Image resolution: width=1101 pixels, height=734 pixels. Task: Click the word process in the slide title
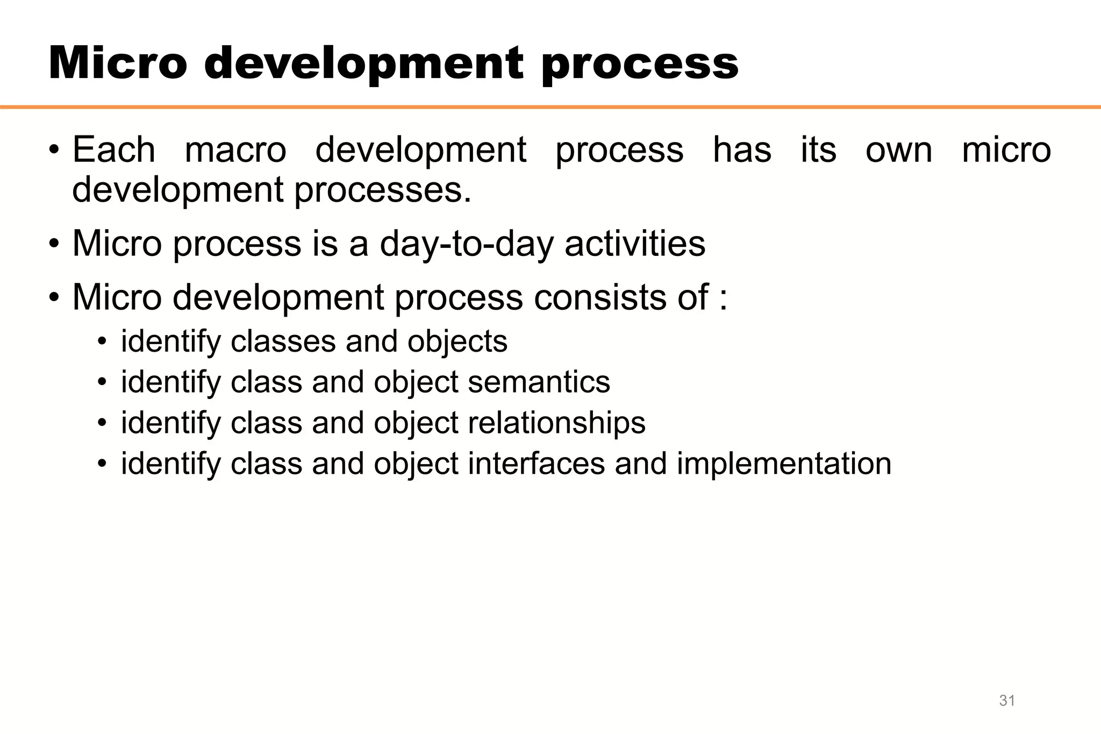tap(640, 66)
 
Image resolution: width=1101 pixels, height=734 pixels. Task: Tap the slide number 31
tap(1007, 701)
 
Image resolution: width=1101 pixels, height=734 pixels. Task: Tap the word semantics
tap(539, 382)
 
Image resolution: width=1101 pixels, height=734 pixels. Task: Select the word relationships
tap(556, 423)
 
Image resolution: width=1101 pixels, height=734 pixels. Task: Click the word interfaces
tap(536, 464)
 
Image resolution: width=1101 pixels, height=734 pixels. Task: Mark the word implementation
tap(783, 465)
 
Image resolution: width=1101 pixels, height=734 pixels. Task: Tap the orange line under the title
tap(550, 107)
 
